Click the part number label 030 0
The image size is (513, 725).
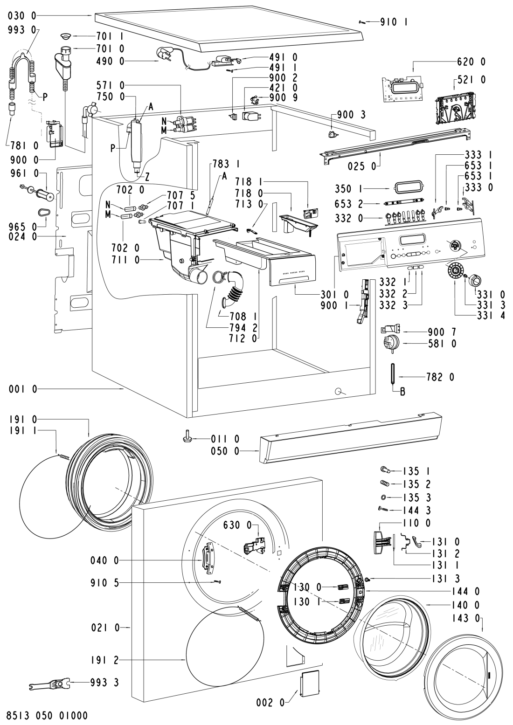pyautogui.click(x=22, y=16)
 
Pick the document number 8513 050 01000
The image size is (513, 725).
pyautogui.click(x=47, y=714)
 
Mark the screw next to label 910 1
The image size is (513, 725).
pyautogui.click(x=362, y=21)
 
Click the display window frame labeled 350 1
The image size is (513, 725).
pyautogui.click(x=408, y=189)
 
